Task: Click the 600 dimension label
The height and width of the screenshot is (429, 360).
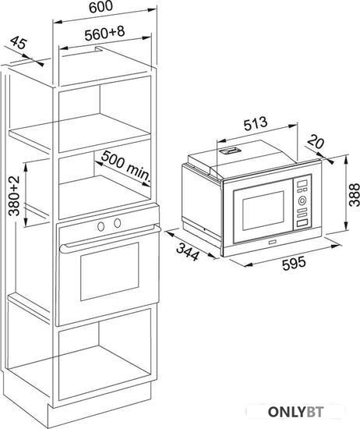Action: pyautogui.click(x=101, y=6)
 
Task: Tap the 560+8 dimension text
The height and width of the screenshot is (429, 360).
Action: pyautogui.click(x=104, y=33)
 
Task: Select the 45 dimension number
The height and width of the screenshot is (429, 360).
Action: pyautogui.click(x=19, y=43)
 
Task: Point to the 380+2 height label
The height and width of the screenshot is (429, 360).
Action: pyautogui.click(x=14, y=196)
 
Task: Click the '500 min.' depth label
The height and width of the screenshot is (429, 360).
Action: pyautogui.click(x=126, y=167)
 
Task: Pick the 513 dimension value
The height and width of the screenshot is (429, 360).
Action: pyautogui.click(x=256, y=123)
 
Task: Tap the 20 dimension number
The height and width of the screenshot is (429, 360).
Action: pyautogui.click(x=316, y=142)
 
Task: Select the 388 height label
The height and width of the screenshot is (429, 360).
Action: pyautogui.click(x=355, y=194)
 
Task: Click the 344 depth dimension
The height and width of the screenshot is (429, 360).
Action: pyautogui.click(x=188, y=252)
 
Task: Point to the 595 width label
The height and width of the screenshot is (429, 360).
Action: pyautogui.click(x=294, y=263)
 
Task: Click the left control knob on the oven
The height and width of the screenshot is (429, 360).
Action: pyautogui.click(x=101, y=226)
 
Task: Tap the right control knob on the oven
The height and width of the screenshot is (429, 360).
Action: pyautogui.click(x=118, y=223)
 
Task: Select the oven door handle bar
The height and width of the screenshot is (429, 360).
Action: pyautogui.click(x=109, y=237)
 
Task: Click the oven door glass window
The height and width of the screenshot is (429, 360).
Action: pyautogui.click(x=109, y=271)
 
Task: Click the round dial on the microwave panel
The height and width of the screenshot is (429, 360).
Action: pyautogui.click(x=302, y=200)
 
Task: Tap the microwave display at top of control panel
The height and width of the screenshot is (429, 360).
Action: pyautogui.click(x=302, y=183)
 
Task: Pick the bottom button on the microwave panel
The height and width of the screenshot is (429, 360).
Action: pyautogui.click(x=302, y=223)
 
